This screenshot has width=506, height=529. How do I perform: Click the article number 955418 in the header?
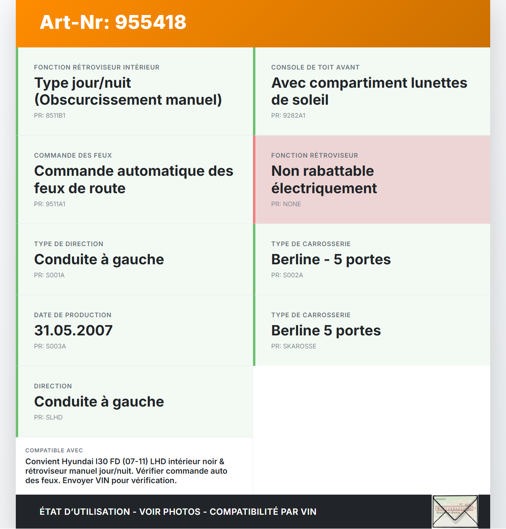pyautogui.click(x=151, y=22)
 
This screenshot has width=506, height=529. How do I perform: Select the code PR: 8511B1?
pyautogui.click(x=49, y=116)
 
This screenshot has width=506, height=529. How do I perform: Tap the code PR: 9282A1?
pyautogui.click(x=288, y=116)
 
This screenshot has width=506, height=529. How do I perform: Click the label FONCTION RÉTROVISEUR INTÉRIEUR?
pyautogui.click(x=97, y=68)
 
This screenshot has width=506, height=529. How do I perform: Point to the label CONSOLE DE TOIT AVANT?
pyautogui.click(x=315, y=68)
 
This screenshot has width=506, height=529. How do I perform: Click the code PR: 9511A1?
pyautogui.click(x=49, y=204)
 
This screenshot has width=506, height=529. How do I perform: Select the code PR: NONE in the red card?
pyautogui.click(x=286, y=204)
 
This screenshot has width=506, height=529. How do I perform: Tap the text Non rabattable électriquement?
pyautogui.click(x=324, y=180)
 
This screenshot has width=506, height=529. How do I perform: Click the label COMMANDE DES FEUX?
pyautogui.click(x=73, y=156)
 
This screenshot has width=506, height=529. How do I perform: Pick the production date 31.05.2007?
pyautogui.click(x=74, y=331)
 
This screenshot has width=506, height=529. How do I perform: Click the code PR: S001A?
pyautogui.click(x=49, y=275)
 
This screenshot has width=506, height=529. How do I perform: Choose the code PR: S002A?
pyautogui.click(x=287, y=275)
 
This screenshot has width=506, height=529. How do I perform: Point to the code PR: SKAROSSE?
pyautogui.click(x=294, y=346)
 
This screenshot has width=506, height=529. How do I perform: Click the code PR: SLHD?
pyautogui.click(x=48, y=418)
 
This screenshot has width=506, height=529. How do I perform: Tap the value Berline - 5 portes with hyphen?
pyautogui.click(x=331, y=260)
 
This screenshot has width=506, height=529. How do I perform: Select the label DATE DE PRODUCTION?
pyautogui.click(x=73, y=315)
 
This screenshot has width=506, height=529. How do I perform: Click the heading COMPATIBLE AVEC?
pyautogui.click(x=54, y=450)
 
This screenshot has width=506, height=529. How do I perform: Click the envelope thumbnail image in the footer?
pyautogui.click(x=455, y=512)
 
